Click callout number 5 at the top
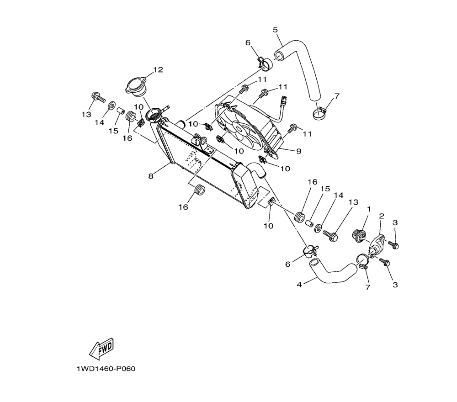(x=275, y=30)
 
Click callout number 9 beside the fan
(x=298, y=151)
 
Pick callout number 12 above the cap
(x=158, y=70)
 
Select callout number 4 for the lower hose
(x=299, y=284)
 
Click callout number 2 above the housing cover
(x=381, y=215)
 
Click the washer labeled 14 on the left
(x=111, y=107)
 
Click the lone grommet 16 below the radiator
(x=199, y=189)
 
